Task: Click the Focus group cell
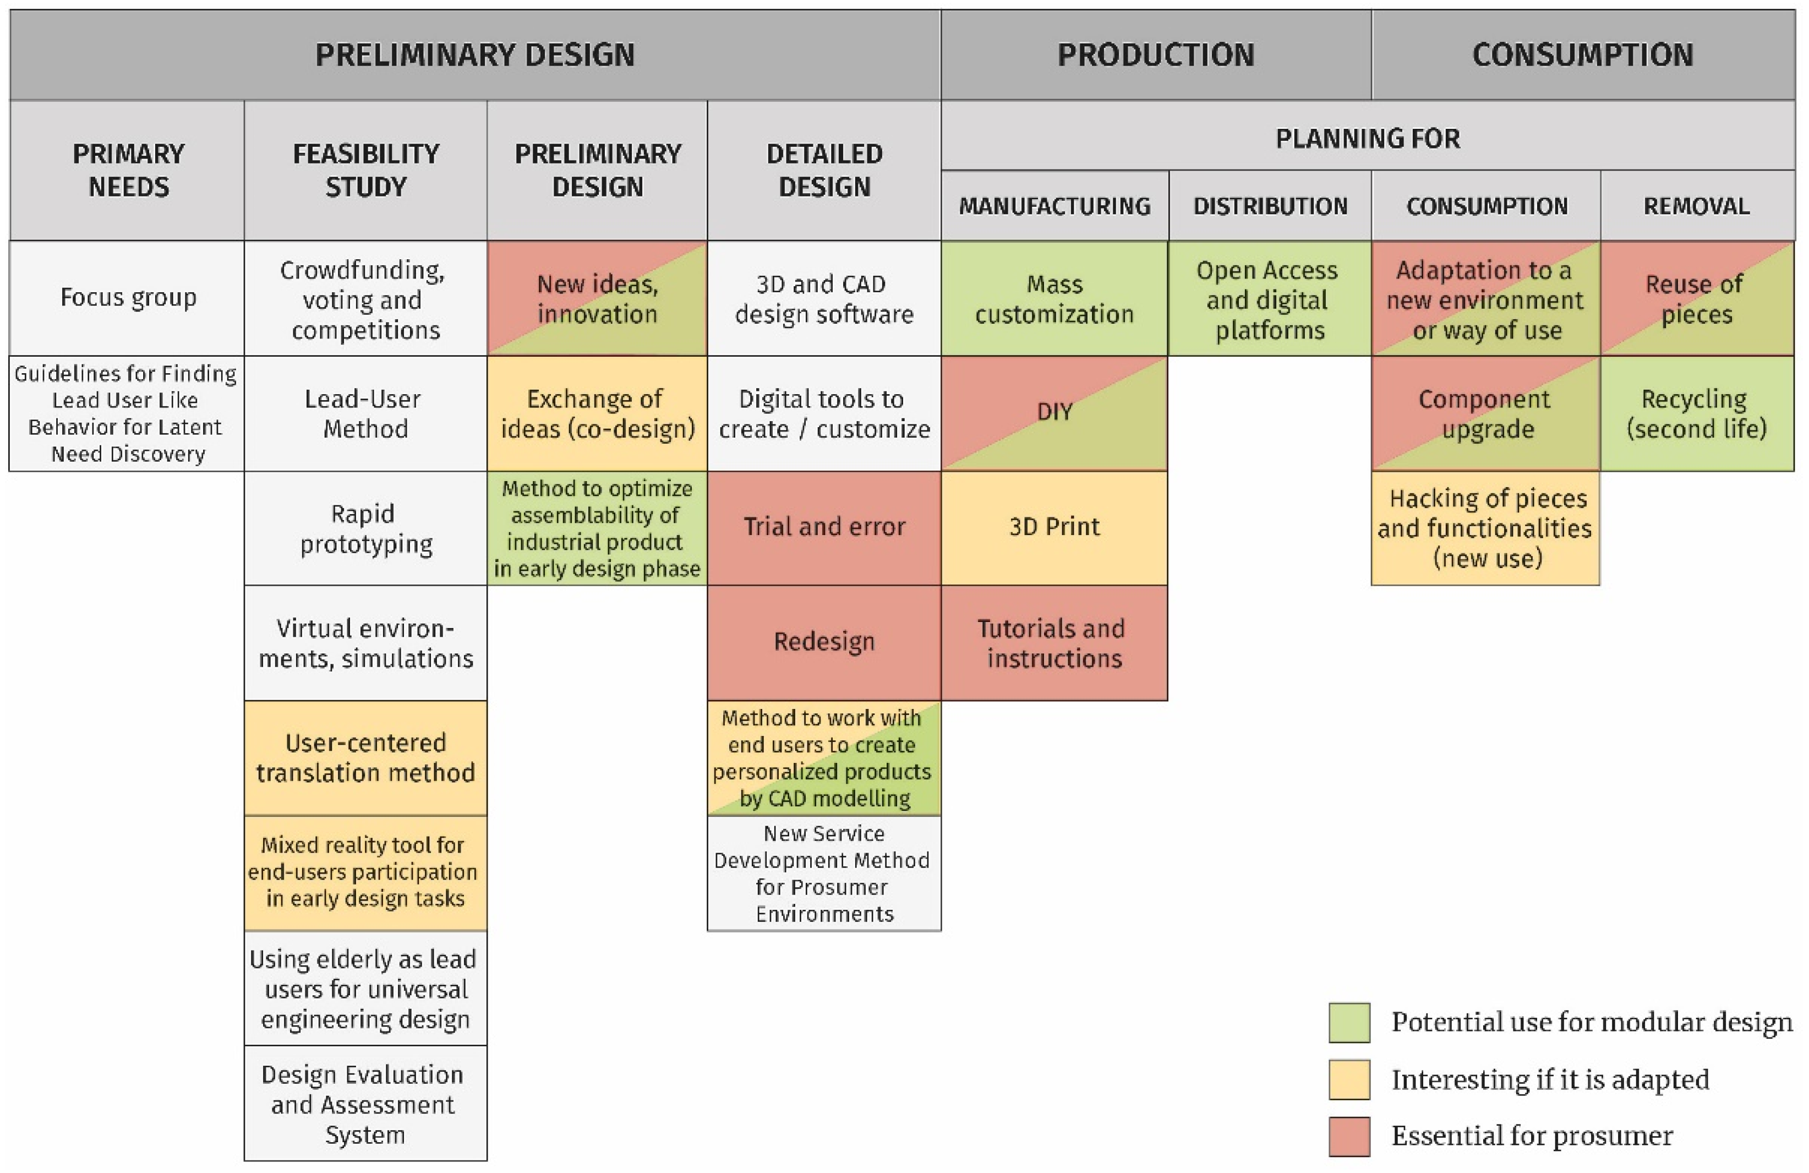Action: click(127, 298)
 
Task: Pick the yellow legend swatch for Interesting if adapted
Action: click(1349, 1079)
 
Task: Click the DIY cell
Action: click(1054, 413)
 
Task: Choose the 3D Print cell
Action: click(1054, 527)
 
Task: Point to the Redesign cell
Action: click(824, 642)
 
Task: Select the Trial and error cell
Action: click(824, 527)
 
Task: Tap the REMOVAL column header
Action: click(1697, 206)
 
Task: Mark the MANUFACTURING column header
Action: click(1054, 206)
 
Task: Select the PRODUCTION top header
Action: click(1155, 54)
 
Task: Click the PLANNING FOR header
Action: click(1368, 138)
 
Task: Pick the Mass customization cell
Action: click(1054, 299)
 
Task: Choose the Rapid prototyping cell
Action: click(365, 528)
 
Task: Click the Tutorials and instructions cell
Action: click(1054, 643)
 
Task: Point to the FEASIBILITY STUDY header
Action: click(365, 170)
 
